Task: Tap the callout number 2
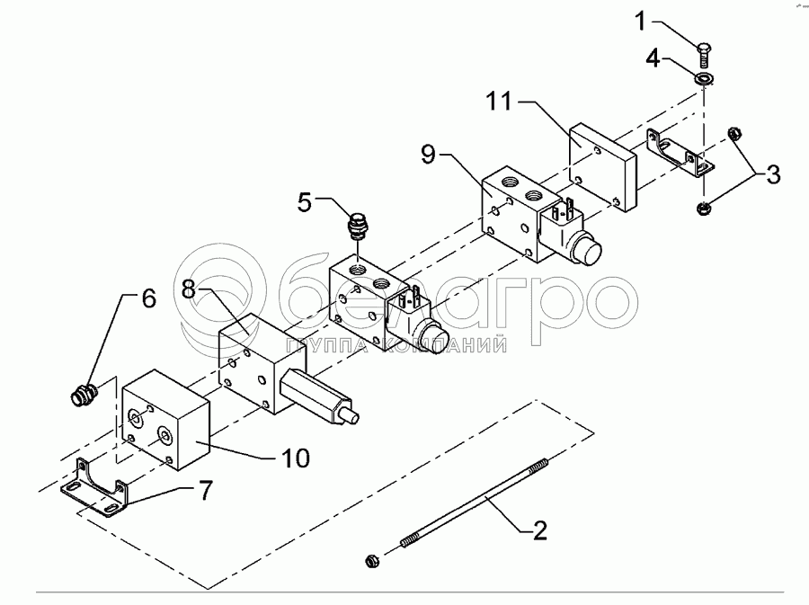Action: pyautogui.click(x=538, y=530)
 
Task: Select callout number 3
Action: pyautogui.click(x=773, y=173)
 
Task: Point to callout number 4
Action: pyautogui.click(x=653, y=60)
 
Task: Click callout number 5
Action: pyautogui.click(x=306, y=202)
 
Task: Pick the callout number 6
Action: pyautogui.click(x=148, y=297)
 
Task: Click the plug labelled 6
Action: pyautogui.click(x=83, y=393)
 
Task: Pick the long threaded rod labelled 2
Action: pyautogui.click(x=467, y=503)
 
